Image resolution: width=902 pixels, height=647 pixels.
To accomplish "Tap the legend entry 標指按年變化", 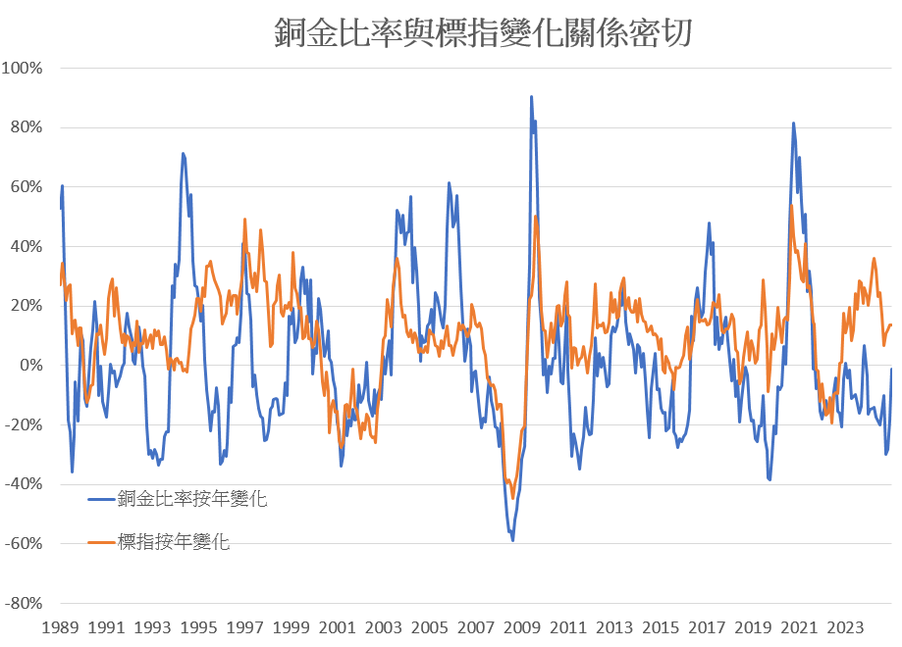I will tap(174, 541).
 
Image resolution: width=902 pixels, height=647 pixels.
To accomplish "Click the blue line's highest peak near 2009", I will tap(531, 97).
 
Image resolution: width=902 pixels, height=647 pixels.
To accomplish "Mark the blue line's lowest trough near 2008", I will tap(512, 539).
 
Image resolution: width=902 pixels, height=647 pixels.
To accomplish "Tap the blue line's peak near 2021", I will tap(793, 124).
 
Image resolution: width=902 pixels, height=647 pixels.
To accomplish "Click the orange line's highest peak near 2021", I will tap(791, 206).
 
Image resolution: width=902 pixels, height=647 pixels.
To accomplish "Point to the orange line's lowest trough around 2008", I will tap(512, 497).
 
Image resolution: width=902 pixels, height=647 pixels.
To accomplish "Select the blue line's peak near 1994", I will tap(183, 154).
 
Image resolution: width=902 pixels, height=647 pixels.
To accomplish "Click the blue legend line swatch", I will tap(101, 499).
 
